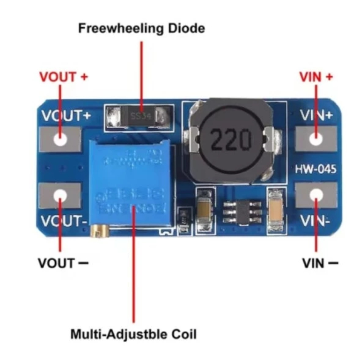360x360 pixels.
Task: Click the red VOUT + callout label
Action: pos(64,77)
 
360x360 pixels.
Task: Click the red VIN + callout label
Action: pos(316,77)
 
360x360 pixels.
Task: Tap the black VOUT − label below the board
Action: pos(63,263)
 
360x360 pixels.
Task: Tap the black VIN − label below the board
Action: pos(320,263)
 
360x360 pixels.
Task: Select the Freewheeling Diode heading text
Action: pos(141,28)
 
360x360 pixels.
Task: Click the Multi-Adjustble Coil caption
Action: pos(133,334)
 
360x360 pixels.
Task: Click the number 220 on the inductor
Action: pos(230,139)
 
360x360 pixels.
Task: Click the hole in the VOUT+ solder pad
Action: pos(60,139)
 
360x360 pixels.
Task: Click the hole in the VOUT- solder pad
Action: pos(60,195)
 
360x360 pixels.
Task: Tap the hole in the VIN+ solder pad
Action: pos(316,139)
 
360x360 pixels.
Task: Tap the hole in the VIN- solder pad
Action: pos(316,195)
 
